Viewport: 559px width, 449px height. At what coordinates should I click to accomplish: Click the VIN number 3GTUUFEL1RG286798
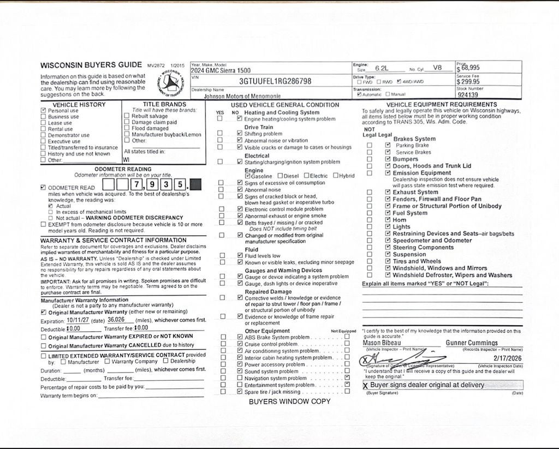click(x=275, y=81)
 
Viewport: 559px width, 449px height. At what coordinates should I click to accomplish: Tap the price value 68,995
click(x=470, y=68)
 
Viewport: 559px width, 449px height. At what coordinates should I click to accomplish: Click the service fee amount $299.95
click(x=468, y=82)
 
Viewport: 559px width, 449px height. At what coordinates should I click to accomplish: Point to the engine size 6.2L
click(x=382, y=69)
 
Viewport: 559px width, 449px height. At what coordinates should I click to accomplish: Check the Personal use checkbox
click(x=44, y=110)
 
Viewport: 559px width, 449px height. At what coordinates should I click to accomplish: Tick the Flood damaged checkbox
click(x=127, y=128)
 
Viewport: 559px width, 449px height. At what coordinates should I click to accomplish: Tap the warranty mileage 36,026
click(x=116, y=320)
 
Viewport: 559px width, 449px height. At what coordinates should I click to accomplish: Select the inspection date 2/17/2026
click(x=507, y=358)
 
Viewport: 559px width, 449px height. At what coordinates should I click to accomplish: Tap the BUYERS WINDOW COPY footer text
click(x=289, y=402)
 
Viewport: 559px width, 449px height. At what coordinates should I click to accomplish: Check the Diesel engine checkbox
click(x=280, y=176)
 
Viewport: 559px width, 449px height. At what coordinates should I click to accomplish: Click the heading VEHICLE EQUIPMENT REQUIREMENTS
click(x=442, y=104)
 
